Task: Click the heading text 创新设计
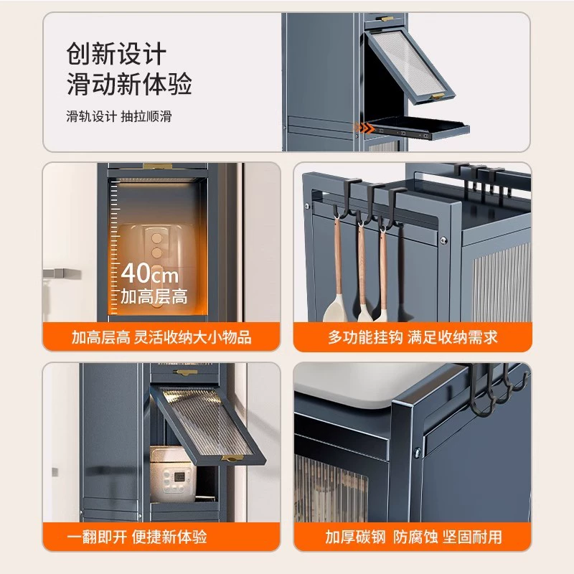tap(116, 54)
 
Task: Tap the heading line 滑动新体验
tap(129, 84)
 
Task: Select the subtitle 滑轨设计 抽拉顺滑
tap(119, 116)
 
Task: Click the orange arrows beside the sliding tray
tap(364, 128)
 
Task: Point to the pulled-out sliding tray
tap(418, 129)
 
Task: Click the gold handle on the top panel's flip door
tap(438, 96)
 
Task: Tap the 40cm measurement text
tap(150, 273)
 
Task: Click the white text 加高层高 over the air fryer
tap(154, 296)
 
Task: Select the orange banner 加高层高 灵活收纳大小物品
tap(161, 337)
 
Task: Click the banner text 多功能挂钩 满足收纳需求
tap(413, 337)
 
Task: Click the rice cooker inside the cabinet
tap(173, 474)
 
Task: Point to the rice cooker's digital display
tap(179, 476)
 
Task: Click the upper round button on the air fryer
tap(157, 238)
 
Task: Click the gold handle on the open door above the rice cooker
tap(232, 458)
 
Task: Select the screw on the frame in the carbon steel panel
tap(418, 453)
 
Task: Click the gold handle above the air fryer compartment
tap(157, 166)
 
